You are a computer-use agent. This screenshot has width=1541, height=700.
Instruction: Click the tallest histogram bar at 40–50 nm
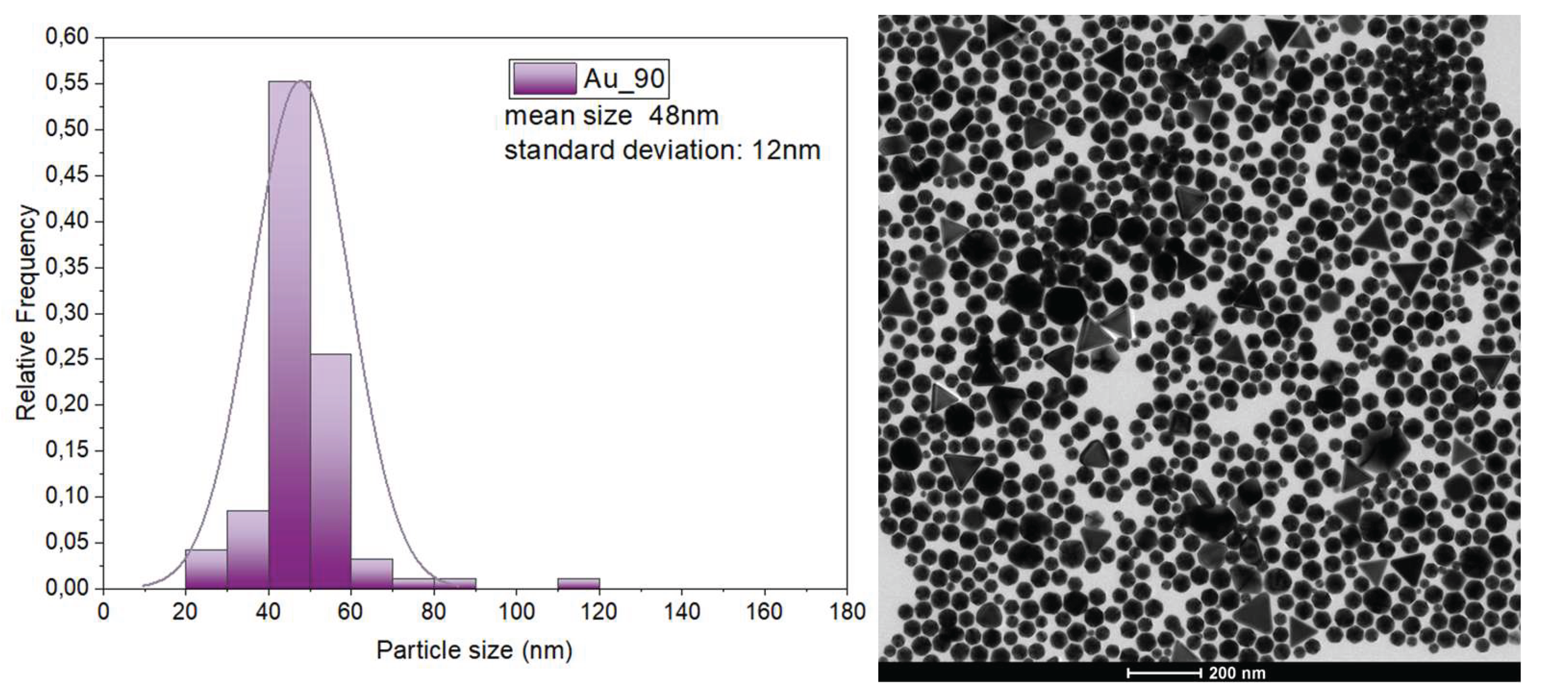[x=289, y=335]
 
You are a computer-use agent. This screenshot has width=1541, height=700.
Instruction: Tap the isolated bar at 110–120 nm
[x=578, y=583]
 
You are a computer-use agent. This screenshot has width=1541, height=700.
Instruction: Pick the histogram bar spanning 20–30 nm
[x=206, y=569]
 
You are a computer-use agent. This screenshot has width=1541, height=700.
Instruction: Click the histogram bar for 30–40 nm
[x=247, y=549]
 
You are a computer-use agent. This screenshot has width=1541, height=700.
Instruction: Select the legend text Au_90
[x=624, y=78]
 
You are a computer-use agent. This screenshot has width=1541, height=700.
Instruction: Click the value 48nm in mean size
[x=684, y=116]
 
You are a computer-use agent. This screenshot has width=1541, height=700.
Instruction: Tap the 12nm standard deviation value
[x=785, y=150]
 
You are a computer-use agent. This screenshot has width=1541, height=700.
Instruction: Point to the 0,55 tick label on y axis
[x=66, y=83]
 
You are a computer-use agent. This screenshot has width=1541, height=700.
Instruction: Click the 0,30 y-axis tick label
[x=66, y=313]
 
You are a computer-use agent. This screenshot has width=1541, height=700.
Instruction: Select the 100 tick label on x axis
[x=516, y=612]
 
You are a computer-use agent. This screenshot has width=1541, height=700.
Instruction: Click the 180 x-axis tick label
[x=847, y=612]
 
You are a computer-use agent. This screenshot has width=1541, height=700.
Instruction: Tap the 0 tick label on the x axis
[x=103, y=612]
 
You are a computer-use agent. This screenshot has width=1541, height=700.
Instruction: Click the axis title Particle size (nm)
[x=474, y=650]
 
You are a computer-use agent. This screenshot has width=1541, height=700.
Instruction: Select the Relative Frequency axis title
[x=26, y=312]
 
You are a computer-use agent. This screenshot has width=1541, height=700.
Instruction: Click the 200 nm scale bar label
[x=1236, y=673]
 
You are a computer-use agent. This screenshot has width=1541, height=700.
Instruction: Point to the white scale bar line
[x=1164, y=673]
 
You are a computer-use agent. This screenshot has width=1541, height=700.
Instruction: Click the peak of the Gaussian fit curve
[x=301, y=81]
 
